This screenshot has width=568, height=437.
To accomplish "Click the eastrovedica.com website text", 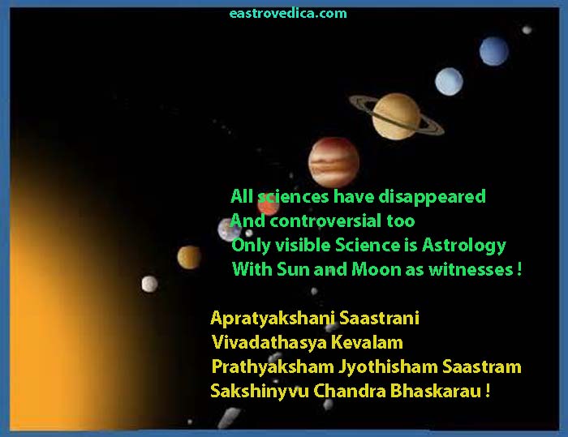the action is click(x=288, y=14).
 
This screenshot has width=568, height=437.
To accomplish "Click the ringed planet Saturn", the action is click(x=396, y=116).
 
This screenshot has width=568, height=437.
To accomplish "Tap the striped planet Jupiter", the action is click(x=333, y=162).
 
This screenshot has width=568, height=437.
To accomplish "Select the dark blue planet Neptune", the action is click(x=493, y=51).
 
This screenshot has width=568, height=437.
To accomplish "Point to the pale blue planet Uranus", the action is click(x=449, y=81).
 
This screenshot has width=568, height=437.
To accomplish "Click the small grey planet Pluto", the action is click(x=527, y=30).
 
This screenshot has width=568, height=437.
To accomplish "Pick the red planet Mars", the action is click(x=269, y=205).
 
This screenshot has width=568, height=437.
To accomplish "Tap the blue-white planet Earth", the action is click(x=230, y=230).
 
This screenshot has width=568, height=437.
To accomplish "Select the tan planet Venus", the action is click(x=189, y=258).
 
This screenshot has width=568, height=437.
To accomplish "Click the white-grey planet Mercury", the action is click(x=149, y=284).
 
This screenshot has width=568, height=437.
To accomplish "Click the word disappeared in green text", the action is click(x=432, y=197).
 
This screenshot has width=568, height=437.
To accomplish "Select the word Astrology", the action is click(x=463, y=246).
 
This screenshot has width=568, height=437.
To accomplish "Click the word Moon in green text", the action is click(x=376, y=269).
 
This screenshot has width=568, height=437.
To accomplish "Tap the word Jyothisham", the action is click(x=389, y=366).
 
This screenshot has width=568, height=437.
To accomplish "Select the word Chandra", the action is click(x=349, y=391).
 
